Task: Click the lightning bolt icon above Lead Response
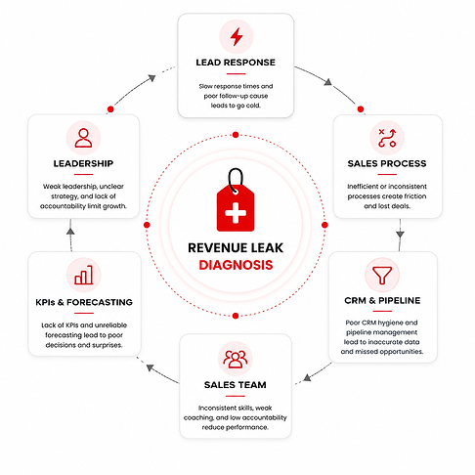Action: pos(237,36)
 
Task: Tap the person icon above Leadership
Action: pos(83,138)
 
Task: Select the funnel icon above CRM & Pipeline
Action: pos(382,276)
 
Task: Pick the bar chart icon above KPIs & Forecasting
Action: pos(84,276)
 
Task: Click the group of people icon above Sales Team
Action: pos(236,359)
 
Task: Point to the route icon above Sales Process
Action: pos(387,138)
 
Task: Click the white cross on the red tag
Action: pos(236,213)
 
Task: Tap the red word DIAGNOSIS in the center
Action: pos(236,265)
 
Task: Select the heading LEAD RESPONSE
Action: pos(236,63)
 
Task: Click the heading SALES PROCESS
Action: pos(387,163)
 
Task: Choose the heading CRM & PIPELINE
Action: pos(382,300)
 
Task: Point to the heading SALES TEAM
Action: pos(236,385)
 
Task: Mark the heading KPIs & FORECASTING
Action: pos(84,302)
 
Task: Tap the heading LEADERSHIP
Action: pos(83,163)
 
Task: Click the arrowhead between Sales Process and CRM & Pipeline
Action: pos(401,235)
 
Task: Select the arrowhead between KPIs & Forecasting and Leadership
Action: pos(70,231)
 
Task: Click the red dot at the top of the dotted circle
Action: pos(236,135)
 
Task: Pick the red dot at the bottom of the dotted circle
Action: pos(236,316)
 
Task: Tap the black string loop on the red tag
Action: pos(236,181)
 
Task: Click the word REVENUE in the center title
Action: pos(216,248)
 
